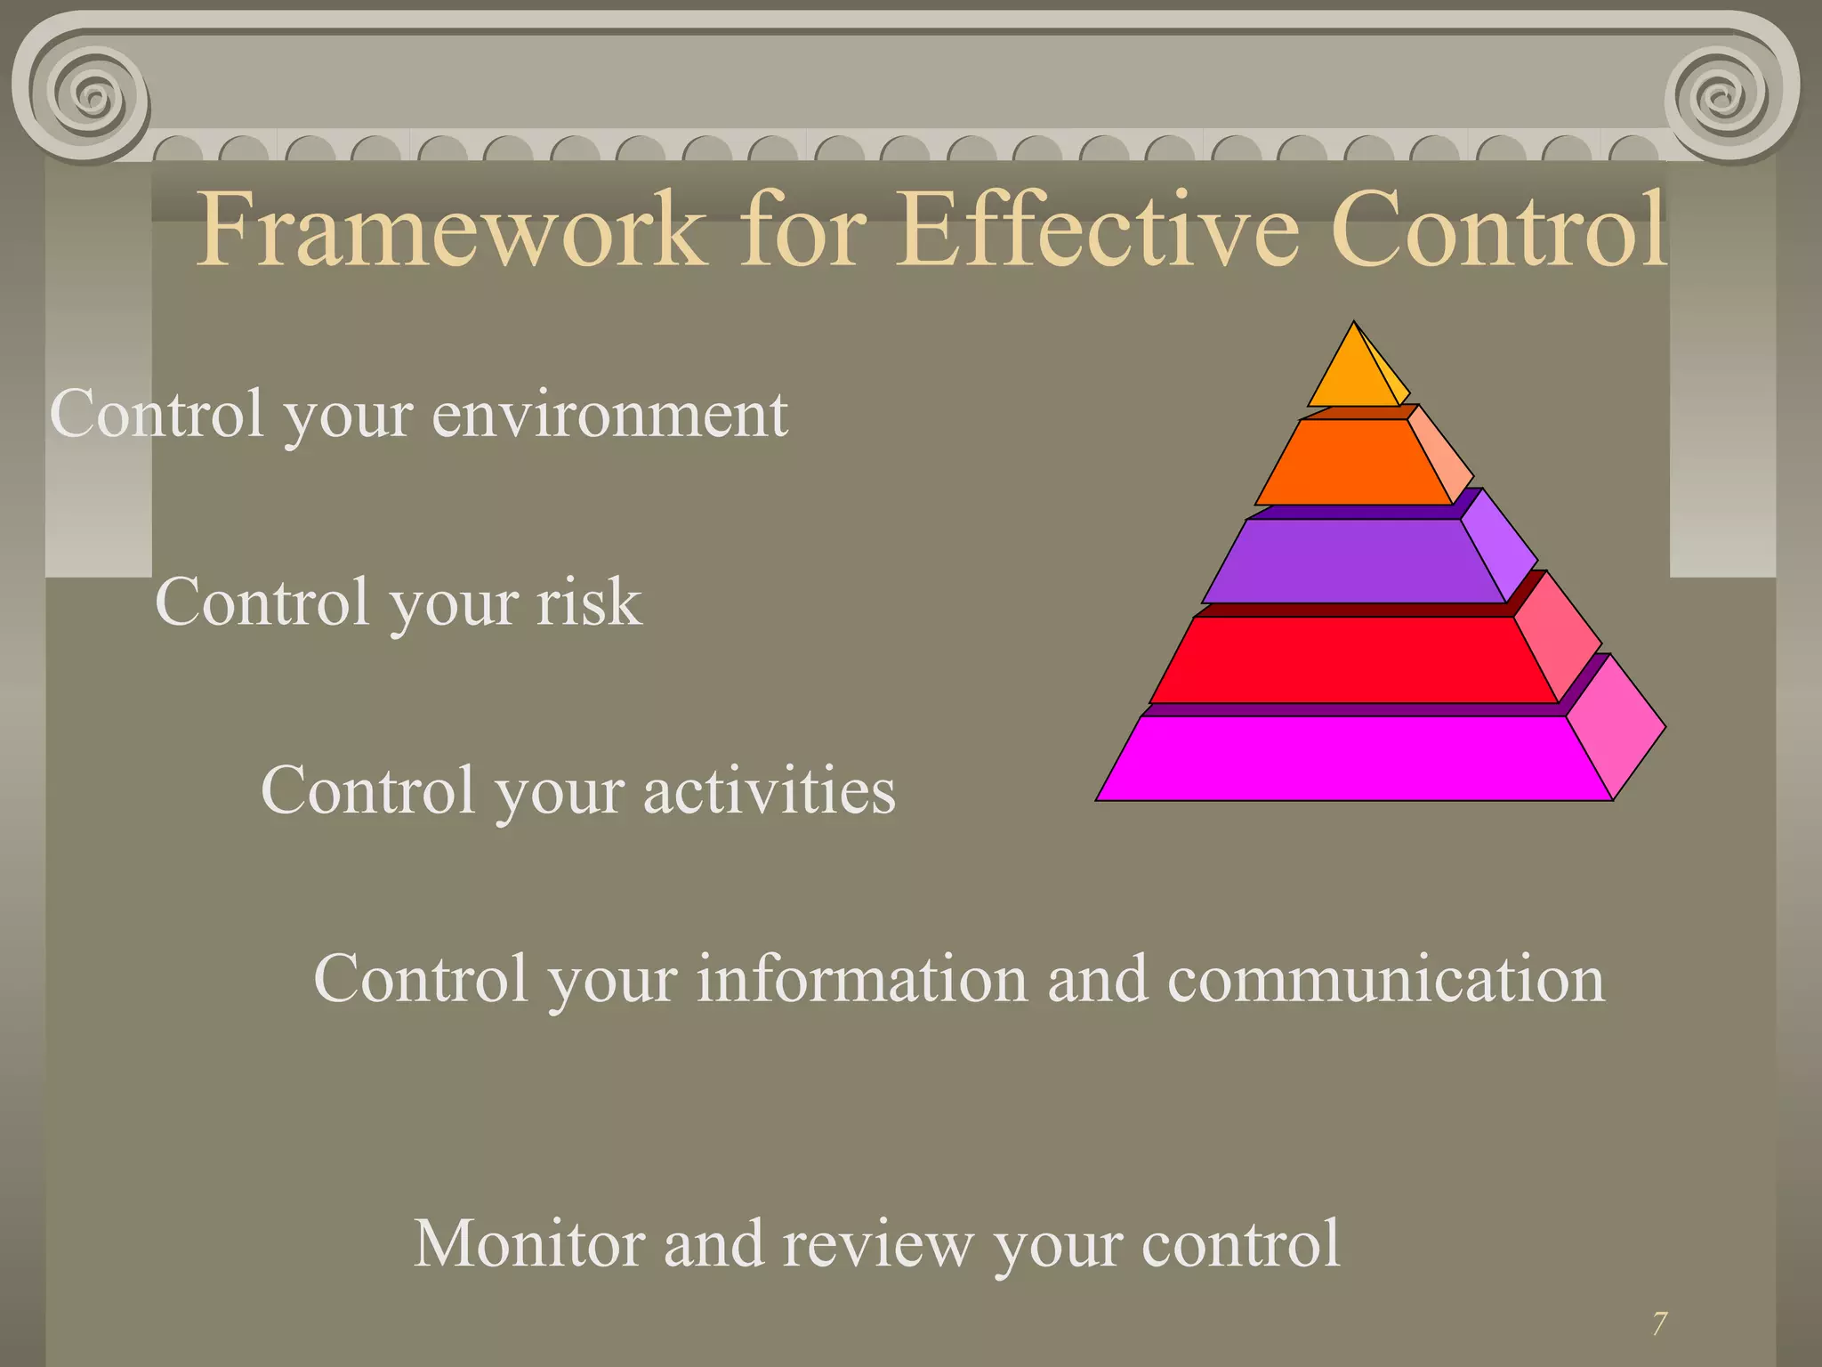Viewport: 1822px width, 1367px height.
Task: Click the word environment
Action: [x=609, y=415]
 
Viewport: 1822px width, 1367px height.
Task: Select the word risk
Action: [x=588, y=603]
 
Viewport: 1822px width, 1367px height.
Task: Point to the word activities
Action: [x=769, y=790]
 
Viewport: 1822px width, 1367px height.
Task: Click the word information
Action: [x=861, y=979]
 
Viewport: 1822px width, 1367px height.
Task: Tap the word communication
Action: [x=1385, y=979]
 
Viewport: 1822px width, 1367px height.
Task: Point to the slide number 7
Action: [x=1659, y=1324]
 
